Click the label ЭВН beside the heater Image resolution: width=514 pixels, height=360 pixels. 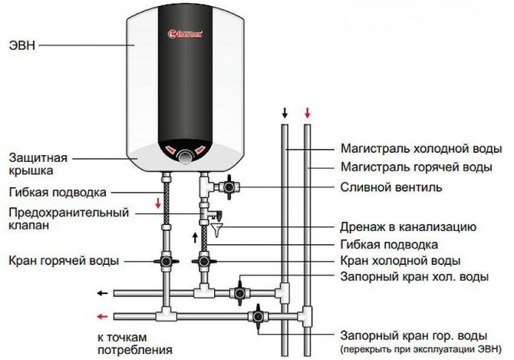pyautogui.click(x=24, y=45)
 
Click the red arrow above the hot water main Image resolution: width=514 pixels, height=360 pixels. pyautogui.click(x=307, y=114)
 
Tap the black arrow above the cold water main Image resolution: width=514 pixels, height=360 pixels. pyautogui.click(x=285, y=114)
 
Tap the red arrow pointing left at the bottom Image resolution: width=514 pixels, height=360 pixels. pyautogui.click(x=100, y=315)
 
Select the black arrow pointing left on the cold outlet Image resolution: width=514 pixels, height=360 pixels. pyautogui.click(x=100, y=292)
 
